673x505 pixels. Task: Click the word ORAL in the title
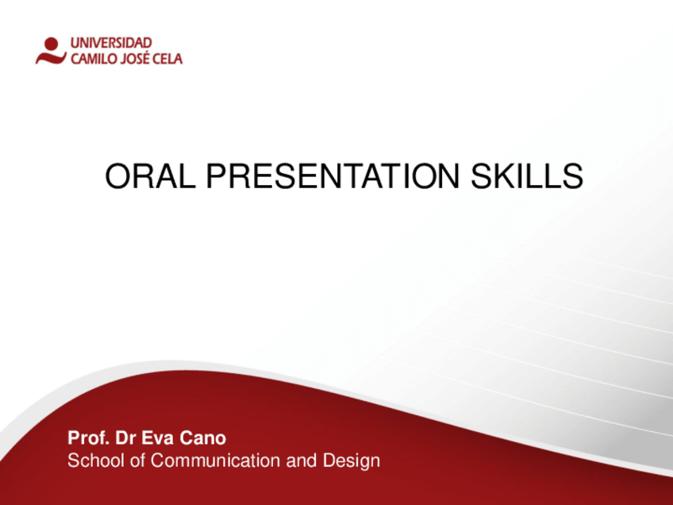pyautogui.click(x=150, y=176)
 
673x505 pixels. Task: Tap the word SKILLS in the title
pyautogui.click(x=527, y=176)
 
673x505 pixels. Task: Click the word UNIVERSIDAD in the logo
pyautogui.click(x=111, y=43)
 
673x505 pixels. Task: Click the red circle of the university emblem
pyautogui.click(x=52, y=44)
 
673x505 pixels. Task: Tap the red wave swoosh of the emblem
pyautogui.click(x=51, y=58)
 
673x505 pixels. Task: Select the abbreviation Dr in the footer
pyautogui.click(x=125, y=438)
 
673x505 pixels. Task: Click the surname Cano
pyautogui.click(x=202, y=438)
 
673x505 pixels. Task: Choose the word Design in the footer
pyautogui.click(x=352, y=461)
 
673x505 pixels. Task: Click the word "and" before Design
pyautogui.click(x=302, y=461)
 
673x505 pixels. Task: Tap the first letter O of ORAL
pyautogui.click(x=117, y=176)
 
